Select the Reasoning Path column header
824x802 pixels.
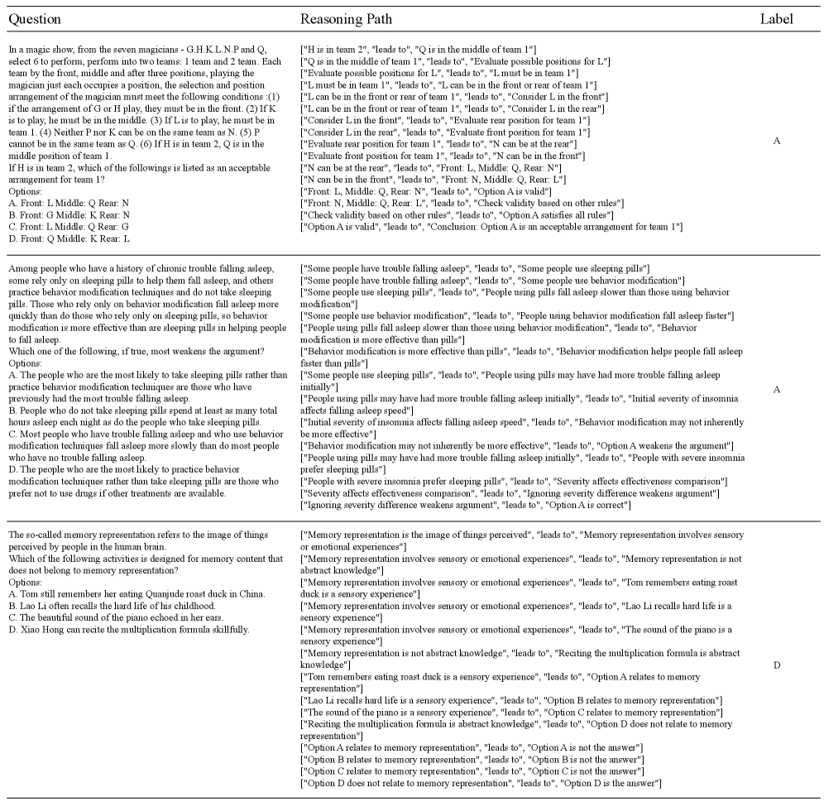(346, 19)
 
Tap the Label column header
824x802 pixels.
(776, 19)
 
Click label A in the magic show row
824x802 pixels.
(776, 142)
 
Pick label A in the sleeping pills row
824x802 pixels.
(776, 389)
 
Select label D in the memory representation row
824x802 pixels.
(776, 665)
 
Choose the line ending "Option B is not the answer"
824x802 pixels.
(471, 759)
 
